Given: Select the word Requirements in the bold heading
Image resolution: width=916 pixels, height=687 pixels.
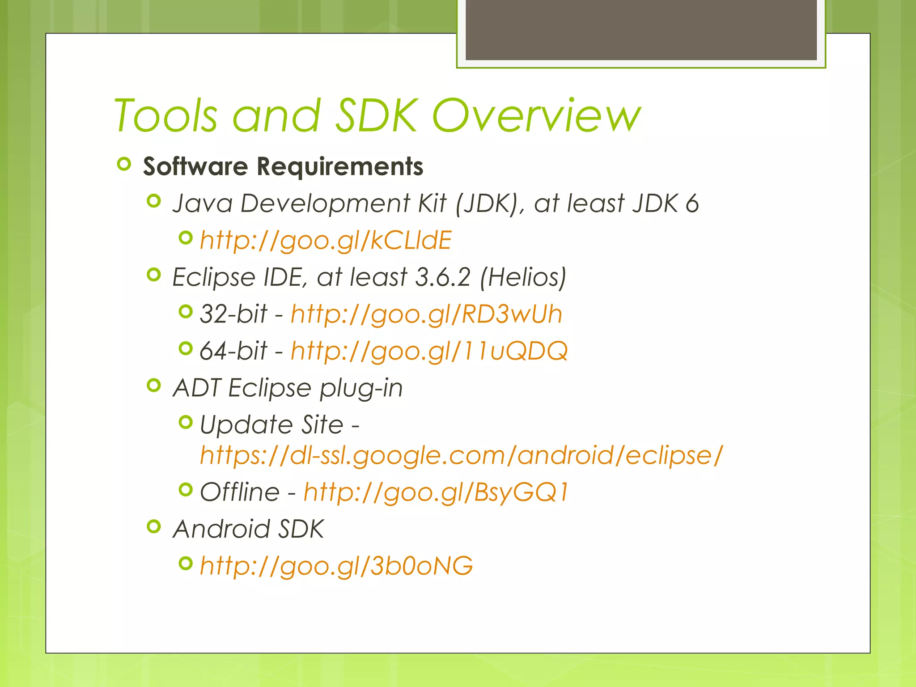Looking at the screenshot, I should (x=340, y=166).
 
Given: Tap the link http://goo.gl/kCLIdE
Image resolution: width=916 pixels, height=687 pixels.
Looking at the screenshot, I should (x=326, y=240).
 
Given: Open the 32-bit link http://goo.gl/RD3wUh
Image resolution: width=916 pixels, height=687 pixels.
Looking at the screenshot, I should (x=426, y=314).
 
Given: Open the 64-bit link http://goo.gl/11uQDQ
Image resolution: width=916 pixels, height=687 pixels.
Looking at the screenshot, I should (x=429, y=351).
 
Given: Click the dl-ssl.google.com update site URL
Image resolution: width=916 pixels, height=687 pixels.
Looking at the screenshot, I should (x=461, y=455).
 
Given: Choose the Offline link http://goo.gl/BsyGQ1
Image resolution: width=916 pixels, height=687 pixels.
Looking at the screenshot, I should (x=436, y=492).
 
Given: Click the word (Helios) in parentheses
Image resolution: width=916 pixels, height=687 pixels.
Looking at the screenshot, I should (x=523, y=277).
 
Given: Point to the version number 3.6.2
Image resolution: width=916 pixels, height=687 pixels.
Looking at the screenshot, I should (x=443, y=277).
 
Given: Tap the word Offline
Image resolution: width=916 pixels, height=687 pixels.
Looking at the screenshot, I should (x=240, y=492).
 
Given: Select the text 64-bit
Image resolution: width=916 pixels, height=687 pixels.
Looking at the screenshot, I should (x=233, y=351).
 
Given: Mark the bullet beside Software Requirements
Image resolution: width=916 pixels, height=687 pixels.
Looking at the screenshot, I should (x=124, y=164).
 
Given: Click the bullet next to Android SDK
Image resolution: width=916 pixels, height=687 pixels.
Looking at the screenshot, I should (x=153, y=526).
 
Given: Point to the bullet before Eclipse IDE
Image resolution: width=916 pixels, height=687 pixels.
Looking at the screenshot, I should (x=153, y=275).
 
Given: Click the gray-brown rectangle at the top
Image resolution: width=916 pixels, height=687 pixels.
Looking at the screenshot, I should (x=641, y=30).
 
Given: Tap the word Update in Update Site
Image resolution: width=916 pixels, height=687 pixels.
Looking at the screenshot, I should (x=246, y=424).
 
